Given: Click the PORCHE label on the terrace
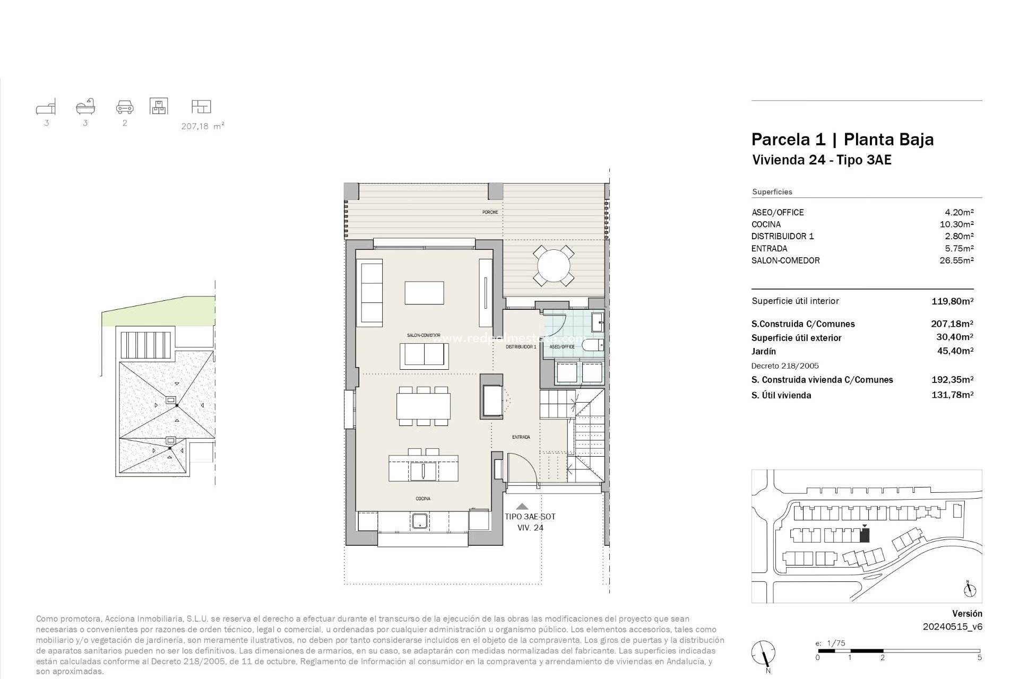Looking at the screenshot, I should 490,212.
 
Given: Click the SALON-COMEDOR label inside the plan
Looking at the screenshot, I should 424,335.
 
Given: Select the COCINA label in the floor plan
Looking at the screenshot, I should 423,499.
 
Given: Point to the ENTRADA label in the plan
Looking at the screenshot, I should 521,437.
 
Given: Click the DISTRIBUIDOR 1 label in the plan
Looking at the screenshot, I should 521,346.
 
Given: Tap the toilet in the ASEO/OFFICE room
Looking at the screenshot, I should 592,346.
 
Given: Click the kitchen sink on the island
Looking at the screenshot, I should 424,471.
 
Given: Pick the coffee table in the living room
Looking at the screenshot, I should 424,293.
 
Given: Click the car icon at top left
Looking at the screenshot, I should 125,107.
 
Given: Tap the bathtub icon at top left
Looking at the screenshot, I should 85,107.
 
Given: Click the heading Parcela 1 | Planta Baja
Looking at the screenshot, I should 842,140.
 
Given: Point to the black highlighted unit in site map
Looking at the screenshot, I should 865,536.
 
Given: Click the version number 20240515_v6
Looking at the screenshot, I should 952,626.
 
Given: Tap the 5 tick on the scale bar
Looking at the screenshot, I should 980,658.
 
